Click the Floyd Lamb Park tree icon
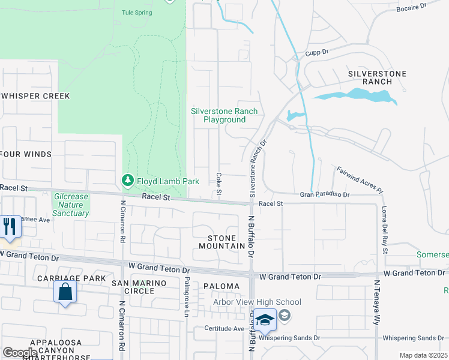127,180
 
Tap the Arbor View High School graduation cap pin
265,320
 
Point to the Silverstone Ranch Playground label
224,115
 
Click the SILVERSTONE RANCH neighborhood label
377,77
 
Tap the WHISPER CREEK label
35,96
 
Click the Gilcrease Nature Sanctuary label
71,205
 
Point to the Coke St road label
218,184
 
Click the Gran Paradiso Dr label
324,194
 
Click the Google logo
20,353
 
